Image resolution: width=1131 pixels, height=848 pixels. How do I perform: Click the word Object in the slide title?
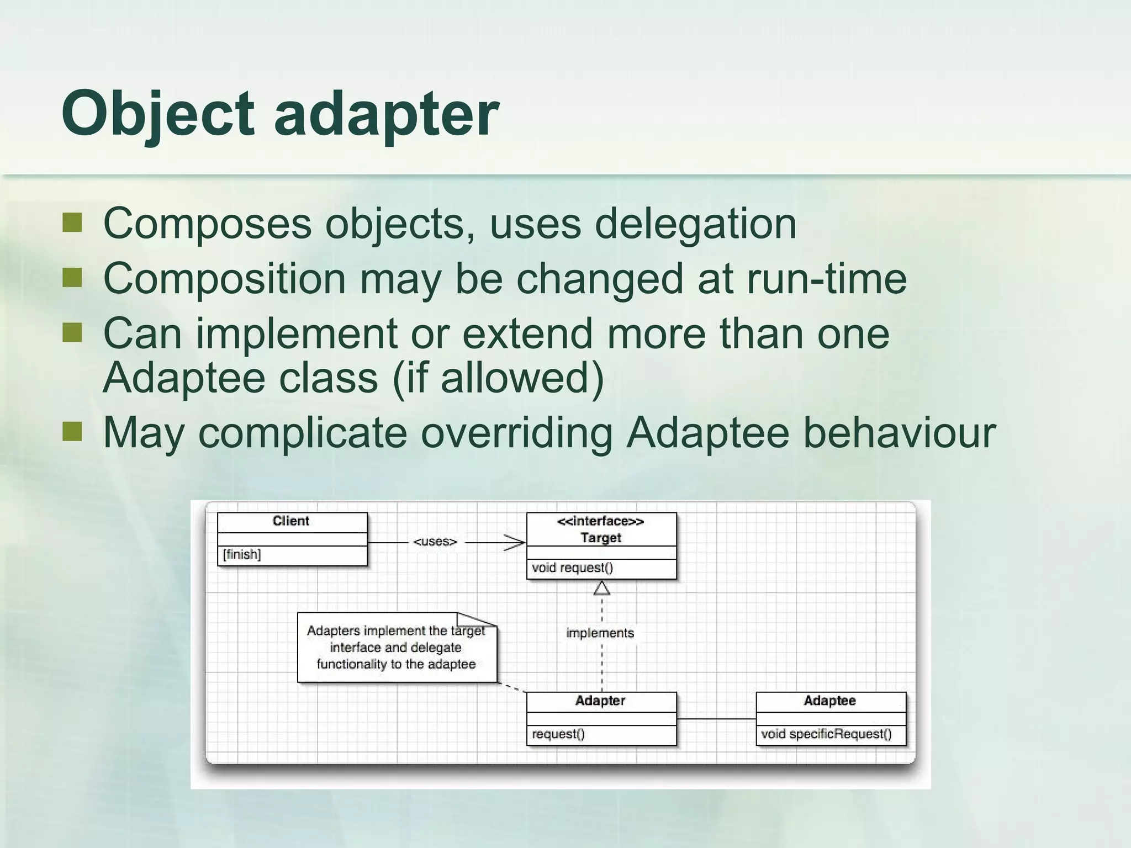click(157, 114)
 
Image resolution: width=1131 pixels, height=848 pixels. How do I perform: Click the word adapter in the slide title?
click(387, 114)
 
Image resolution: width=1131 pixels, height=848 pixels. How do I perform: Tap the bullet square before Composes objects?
click(72, 223)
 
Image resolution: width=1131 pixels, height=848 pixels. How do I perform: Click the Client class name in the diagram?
click(291, 521)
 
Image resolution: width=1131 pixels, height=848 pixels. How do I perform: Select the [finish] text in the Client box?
click(242, 554)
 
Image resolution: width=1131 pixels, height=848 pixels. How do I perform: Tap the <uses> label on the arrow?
click(435, 542)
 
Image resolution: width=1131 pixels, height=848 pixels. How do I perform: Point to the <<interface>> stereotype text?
click(600, 521)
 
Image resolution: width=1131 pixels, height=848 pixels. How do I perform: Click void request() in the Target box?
click(572, 568)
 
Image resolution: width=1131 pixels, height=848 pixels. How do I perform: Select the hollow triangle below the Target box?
click(601, 589)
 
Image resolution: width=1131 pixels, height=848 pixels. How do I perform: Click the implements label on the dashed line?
click(600, 633)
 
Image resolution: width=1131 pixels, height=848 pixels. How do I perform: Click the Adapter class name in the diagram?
click(600, 701)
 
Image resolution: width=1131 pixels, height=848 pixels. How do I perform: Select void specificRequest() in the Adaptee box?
click(826, 734)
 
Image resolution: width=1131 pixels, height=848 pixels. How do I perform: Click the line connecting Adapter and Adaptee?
click(716, 719)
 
